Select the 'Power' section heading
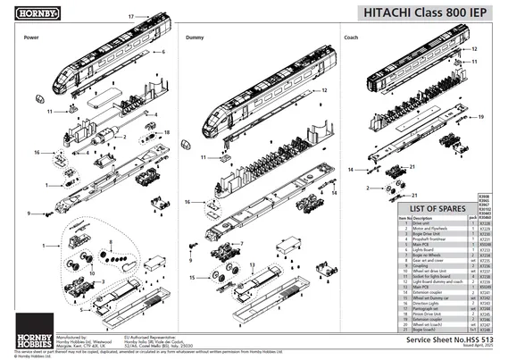tap(31, 38)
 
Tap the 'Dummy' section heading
tap(195, 38)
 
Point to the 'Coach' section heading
tap(352, 38)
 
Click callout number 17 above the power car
tap(130, 17)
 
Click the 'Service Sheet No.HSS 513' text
tap(450, 340)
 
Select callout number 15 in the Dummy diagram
tap(192, 278)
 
